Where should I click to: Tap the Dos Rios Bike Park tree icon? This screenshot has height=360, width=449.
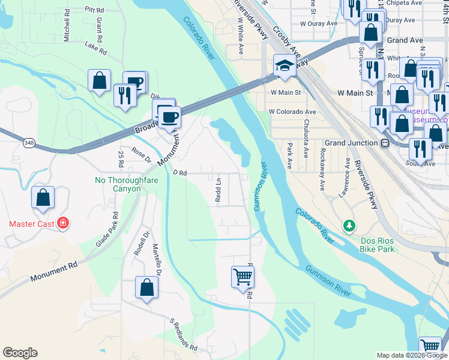[x=348, y=226]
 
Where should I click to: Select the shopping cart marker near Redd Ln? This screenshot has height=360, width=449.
[x=243, y=277]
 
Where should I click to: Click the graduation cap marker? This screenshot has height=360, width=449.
[x=285, y=65]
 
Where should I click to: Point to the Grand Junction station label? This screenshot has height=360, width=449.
[x=352, y=143]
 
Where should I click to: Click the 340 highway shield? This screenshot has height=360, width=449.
[x=29, y=143]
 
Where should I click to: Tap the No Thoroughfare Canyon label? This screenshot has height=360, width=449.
[x=118, y=184]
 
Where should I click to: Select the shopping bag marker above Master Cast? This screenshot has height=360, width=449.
[x=43, y=198]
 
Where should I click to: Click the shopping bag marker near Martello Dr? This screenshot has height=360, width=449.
[x=146, y=287]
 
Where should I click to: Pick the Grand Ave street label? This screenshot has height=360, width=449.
[x=405, y=40]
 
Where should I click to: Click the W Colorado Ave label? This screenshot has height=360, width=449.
[x=292, y=112]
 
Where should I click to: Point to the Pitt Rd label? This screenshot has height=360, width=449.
[x=94, y=10]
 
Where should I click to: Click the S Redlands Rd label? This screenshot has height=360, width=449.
[x=183, y=335]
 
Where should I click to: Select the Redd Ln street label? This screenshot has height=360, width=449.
[x=218, y=189]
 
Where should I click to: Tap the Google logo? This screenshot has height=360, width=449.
[x=20, y=353]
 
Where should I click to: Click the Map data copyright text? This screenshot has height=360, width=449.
[x=412, y=355]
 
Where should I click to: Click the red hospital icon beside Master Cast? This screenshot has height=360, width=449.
[x=63, y=224]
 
